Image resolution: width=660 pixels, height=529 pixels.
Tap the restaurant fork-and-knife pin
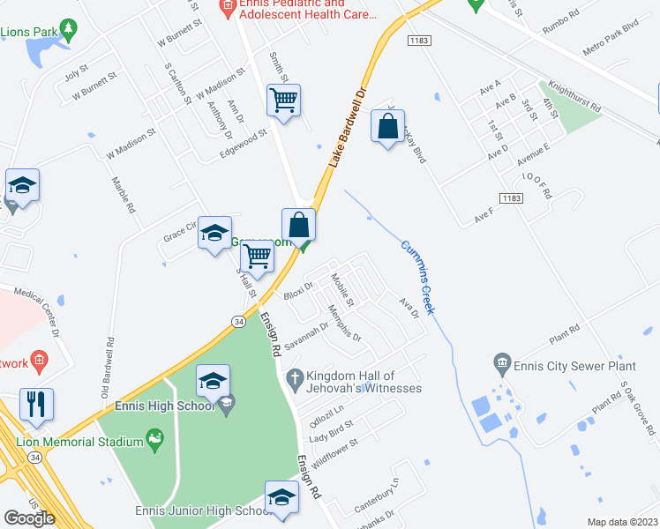point(36,405)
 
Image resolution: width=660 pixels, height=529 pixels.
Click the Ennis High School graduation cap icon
point(227,406)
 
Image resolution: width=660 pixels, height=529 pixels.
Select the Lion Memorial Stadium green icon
point(155,437)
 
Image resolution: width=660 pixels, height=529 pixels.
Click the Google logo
point(30,518)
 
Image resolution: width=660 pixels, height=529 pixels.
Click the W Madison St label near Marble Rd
point(131,140)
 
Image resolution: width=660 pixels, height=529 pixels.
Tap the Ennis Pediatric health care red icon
point(227,5)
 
